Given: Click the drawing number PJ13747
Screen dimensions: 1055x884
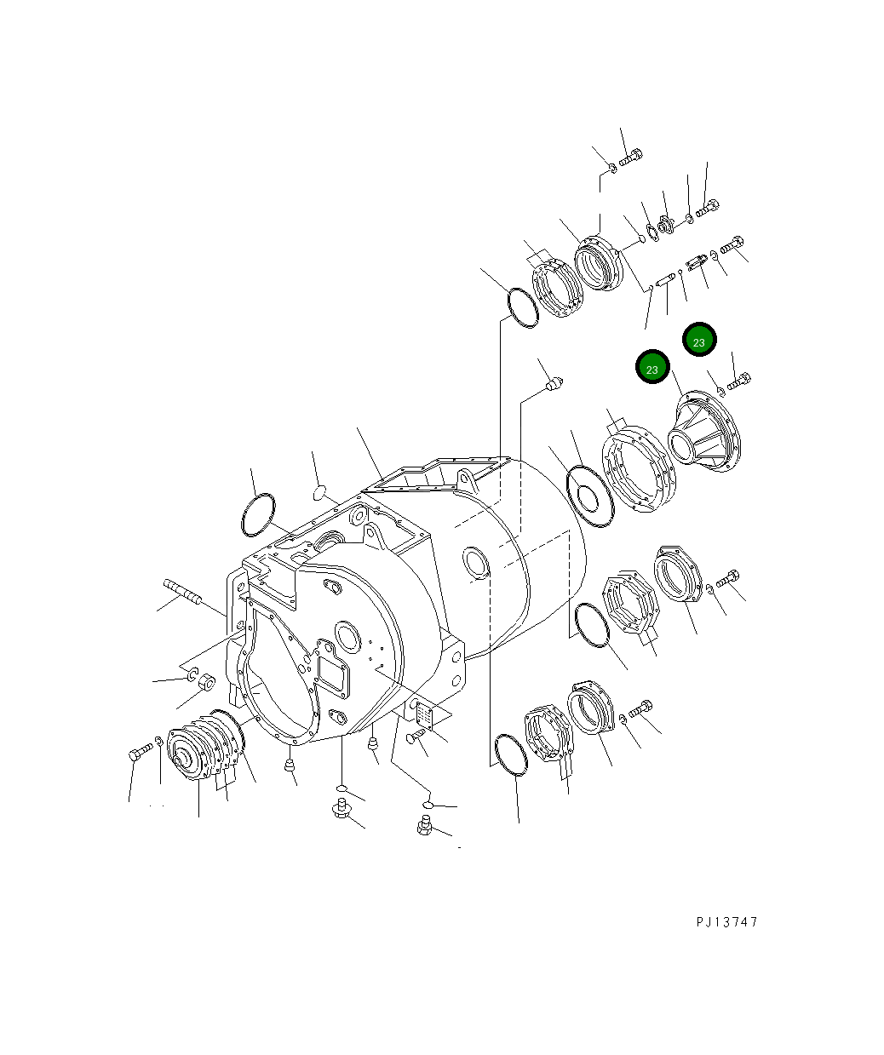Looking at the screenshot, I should point(726,922).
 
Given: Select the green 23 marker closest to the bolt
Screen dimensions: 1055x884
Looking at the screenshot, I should point(699,341).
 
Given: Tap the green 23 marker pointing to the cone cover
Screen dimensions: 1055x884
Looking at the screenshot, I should point(652,368).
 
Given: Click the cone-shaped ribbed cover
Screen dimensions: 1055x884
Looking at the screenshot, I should point(706,433).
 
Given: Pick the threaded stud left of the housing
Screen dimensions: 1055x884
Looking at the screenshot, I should point(180,590).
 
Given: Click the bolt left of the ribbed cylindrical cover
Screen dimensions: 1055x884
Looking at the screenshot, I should point(140,752).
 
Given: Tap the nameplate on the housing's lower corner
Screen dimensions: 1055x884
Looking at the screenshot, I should point(424,715).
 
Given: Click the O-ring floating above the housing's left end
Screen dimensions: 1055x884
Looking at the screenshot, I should point(258,515).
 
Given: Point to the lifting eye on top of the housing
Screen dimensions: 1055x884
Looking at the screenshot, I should point(464,476).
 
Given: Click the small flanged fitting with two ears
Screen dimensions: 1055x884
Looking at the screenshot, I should point(665,226).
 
